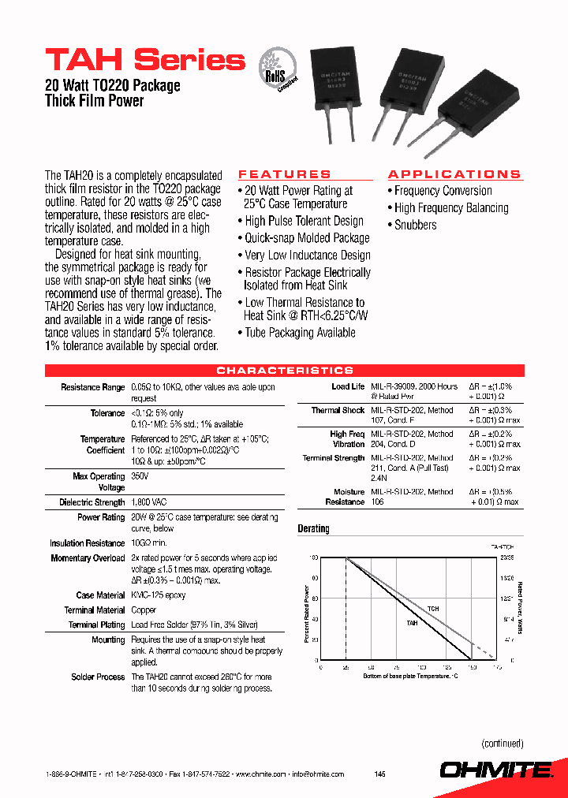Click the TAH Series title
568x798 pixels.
pos(145,60)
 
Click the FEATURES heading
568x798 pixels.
pos(285,174)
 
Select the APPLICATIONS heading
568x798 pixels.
pos(454,174)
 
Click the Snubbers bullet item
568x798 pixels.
pos(415,226)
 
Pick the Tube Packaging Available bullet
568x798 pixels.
pos(300,333)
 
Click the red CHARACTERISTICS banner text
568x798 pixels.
pos(285,371)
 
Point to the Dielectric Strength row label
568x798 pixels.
pos(92,502)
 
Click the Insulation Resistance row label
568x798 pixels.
pos(88,543)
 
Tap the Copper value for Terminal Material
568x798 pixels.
pos(144,610)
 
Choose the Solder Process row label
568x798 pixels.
pos(99,677)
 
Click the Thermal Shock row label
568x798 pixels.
pos(338,410)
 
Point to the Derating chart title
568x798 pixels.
pos(313,529)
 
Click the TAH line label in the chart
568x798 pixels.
pos(412,623)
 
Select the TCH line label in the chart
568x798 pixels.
pos(432,610)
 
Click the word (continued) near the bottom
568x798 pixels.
pos(503,743)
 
